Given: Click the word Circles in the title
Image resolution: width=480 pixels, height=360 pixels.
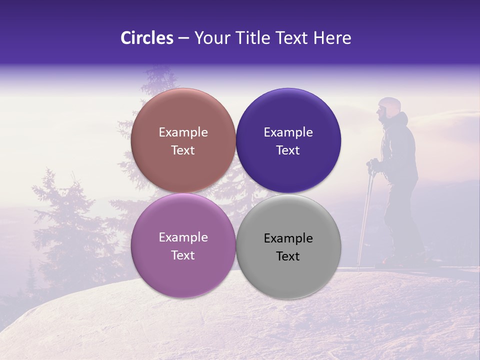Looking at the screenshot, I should tap(146, 38).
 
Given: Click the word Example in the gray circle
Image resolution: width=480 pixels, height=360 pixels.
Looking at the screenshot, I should tap(288, 238).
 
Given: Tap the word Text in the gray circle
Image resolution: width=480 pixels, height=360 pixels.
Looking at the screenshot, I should tap(288, 256).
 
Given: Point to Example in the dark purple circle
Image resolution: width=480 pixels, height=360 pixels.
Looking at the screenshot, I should tap(288, 132).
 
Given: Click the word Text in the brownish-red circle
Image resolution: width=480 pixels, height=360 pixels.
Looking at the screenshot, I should tap(183, 150).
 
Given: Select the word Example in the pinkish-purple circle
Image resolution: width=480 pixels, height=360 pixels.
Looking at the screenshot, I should tap(183, 237).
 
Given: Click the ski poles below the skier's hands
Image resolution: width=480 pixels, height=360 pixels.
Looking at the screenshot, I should tap(366, 215).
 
